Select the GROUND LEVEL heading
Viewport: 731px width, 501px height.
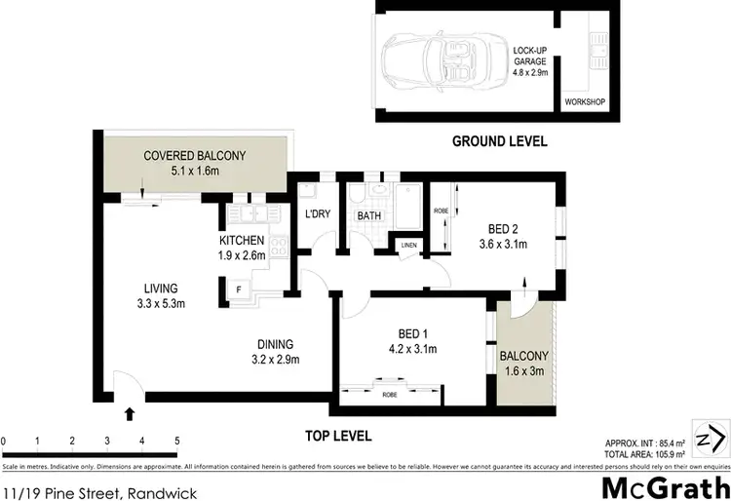[499, 141]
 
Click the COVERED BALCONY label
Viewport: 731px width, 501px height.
[194, 156]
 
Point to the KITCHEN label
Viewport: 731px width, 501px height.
[242, 241]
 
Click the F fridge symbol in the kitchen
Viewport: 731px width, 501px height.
[237, 289]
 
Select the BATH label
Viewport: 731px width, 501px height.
[368, 215]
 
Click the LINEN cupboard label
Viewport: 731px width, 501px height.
[407, 245]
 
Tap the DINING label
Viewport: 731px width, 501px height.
[273, 344]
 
